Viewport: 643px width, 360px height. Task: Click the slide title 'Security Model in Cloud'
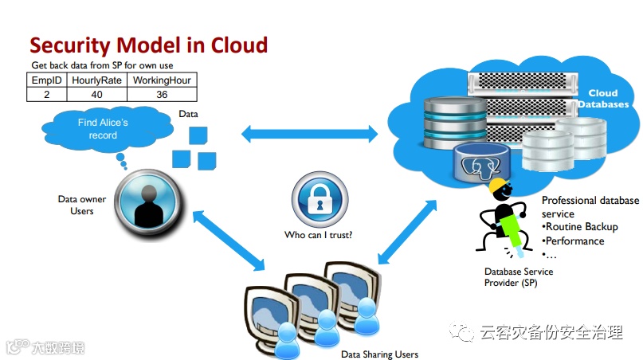(x=148, y=45)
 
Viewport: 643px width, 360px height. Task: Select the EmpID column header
(x=46, y=80)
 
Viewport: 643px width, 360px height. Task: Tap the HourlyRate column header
(x=96, y=80)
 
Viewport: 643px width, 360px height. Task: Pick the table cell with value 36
(x=161, y=94)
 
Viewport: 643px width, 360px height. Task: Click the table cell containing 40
(x=96, y=94)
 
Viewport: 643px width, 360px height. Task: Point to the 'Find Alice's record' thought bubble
(x=103, y=129)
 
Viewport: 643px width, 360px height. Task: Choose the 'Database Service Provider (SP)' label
(x=519, y=277)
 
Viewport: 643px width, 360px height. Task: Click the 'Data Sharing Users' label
(x=379, y=354)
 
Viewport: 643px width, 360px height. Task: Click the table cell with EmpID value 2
(x=46, y=94)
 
